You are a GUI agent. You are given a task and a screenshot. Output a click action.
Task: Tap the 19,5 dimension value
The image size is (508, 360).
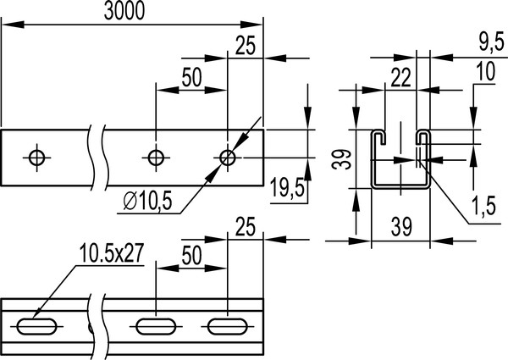[x=285, y=187]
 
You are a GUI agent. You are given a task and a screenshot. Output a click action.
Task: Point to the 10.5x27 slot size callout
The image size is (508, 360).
[x=109, y=252]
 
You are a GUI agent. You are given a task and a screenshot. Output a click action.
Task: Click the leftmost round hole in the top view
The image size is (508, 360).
[x=36, y=157]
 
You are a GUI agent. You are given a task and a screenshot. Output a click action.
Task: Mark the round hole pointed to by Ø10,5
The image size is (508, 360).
[x=228, y=157]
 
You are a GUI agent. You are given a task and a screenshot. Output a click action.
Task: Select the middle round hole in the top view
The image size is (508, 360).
[x=156, y=157]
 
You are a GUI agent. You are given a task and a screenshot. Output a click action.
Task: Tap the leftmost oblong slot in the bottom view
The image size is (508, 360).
[x=36, y=324]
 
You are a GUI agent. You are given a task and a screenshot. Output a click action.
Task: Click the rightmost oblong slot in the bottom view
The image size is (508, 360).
[x=226, y=324]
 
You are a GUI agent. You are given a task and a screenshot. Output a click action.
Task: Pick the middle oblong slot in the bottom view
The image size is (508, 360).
[x=155, y=324]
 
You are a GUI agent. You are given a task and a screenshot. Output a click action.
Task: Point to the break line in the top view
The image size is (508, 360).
[x=99, y=157]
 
